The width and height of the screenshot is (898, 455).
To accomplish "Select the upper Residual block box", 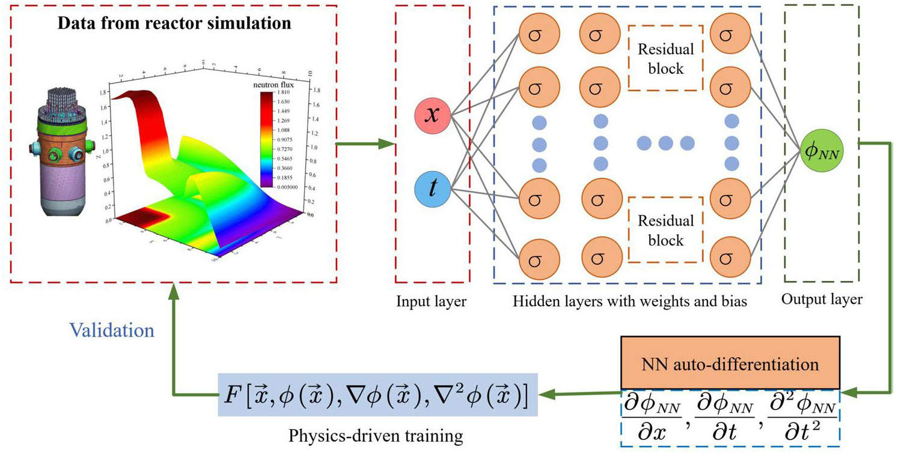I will pos(665,58).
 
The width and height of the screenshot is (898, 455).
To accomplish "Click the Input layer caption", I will pos(431,301).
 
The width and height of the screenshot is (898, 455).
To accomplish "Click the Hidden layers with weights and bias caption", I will pos(630,302).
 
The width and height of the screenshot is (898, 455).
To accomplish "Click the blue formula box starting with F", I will pos(377,396).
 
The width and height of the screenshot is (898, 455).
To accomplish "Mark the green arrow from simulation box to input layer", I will pos(364,144).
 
